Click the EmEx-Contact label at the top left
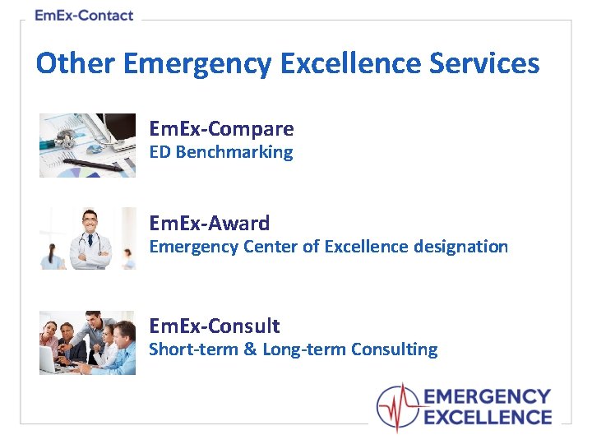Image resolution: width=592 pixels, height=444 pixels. click(84, 16)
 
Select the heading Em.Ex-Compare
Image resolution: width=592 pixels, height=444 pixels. click(221, 129)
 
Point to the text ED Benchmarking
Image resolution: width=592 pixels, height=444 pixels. click(220, 152)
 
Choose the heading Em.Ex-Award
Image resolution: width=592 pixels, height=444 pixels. click(209, 223)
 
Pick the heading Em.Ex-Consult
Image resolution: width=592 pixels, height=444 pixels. click(214, 326)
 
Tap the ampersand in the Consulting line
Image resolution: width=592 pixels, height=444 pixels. click(251, 349)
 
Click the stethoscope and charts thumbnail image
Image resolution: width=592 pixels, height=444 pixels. click(88, 145)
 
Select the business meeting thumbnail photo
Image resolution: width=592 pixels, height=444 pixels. click(88, 343)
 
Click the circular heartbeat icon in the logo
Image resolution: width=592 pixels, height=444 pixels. click(398, 407)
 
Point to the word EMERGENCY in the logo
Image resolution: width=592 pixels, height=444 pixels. click(487, 398)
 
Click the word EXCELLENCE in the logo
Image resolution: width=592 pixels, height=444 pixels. click(487, 417)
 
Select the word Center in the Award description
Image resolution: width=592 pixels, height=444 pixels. click(268, 247)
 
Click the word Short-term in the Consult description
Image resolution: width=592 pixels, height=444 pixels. click(192, 349)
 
